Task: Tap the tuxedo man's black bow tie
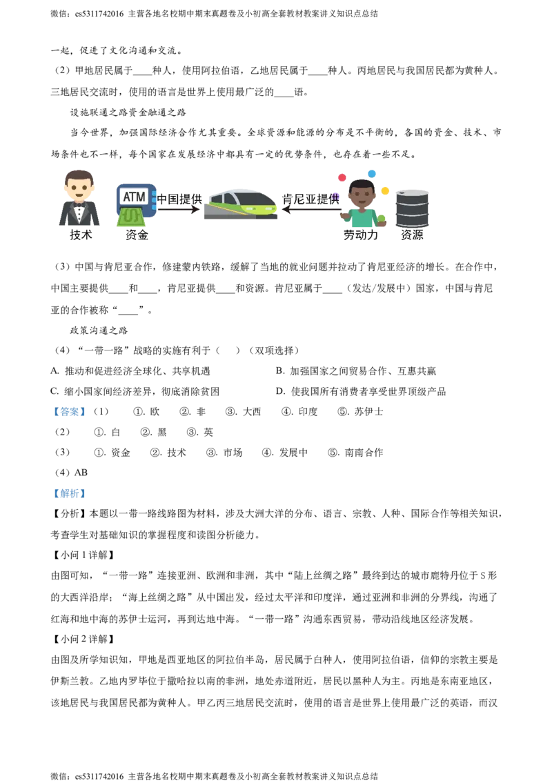(79, 205)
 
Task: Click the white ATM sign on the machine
(134, 197)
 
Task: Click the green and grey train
(240, 203)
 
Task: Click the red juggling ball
(342, 177)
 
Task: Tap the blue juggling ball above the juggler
(371, 172)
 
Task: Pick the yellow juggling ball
(386, 190)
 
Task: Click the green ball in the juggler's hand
(381, 219)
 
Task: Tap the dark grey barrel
(413, 208)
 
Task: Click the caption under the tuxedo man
(80, 236)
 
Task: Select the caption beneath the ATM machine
(137, 236)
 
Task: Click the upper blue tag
(69, 412)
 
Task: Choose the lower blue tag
(69, 494)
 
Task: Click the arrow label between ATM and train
(180, 200)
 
